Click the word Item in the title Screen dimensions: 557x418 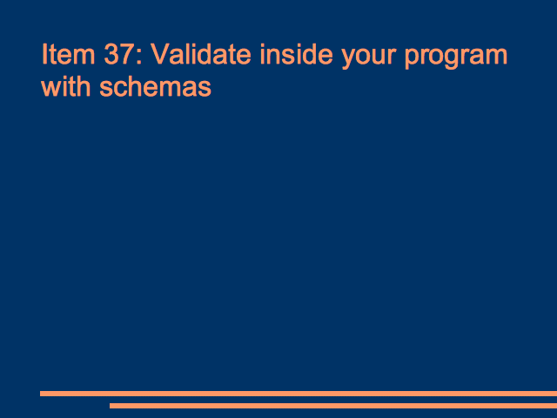(x=68, y=54)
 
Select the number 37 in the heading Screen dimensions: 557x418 (x=118, y=54)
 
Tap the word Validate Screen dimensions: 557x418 (x=201, y=54)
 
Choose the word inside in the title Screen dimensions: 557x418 (x=296, y=54)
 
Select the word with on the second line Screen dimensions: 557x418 (x=66, y=86)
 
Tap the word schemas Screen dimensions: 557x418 (x=156, y=86)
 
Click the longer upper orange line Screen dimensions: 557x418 (x=299, y=394)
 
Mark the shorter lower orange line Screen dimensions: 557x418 (x=333, y=406)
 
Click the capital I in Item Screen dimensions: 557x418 (x=44, y=54)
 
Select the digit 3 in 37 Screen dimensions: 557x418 (x=111, y=54)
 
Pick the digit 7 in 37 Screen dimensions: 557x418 (x=125, y=54)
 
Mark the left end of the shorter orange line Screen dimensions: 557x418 (x=111, y=406)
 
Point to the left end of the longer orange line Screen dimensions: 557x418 (x=41, y=394)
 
